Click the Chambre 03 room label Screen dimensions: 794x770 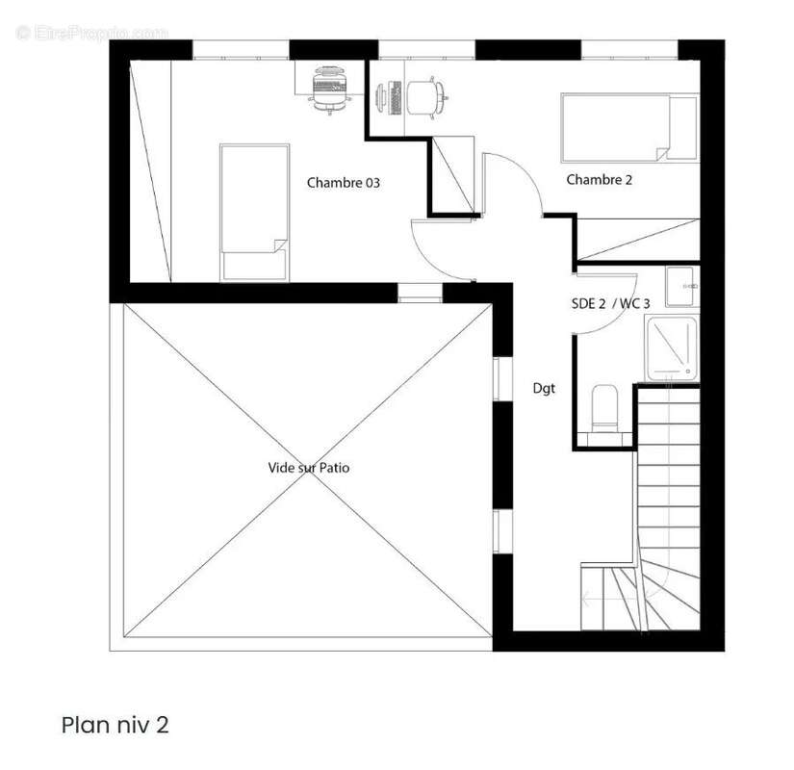click(343, 182)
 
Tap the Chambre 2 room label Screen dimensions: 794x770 click(599, 179)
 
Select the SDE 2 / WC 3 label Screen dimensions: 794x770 click(610, 303)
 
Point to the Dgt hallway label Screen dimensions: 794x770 click(544, 388)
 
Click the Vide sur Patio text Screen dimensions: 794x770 click(308, 467)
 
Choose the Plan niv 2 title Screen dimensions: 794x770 click(115, 725)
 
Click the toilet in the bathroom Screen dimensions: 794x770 click(604, 409)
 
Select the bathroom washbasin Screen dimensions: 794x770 click(681, 286)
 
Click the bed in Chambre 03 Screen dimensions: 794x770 click(255, 213)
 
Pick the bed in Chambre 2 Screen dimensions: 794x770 click(630, 128)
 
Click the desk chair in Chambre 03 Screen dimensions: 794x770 click(331, 90)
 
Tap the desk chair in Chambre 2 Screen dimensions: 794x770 click(425, 97)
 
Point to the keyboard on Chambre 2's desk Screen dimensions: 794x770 click(396, 98)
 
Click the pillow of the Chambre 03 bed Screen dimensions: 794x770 click(255, 266)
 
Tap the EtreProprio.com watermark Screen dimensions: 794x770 click(92, 33)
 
